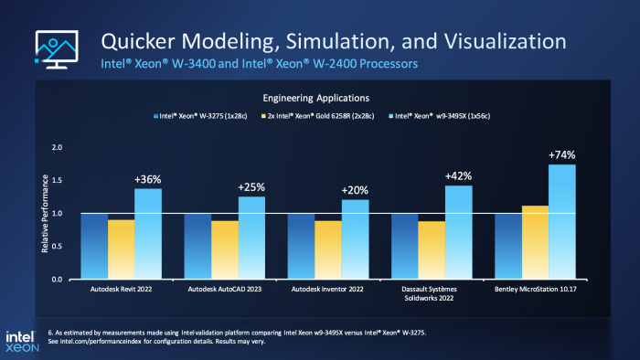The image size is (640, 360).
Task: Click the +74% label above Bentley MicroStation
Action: pyautogui.click(x=561, y=155)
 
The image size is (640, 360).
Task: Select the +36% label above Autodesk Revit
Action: pyautogui.click(x=147, y=179)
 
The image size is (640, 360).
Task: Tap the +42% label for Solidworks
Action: pyautogui.click(x=457, y=176)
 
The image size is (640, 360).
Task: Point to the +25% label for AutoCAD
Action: pyautogui.click(x=251, y=187)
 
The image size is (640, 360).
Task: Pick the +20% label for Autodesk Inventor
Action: pyautogui.click(x=355, y=190)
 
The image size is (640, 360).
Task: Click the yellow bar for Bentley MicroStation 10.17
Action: pyautogui.click(x=535, y=242)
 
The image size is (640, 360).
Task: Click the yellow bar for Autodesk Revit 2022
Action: pyautogui.click(x=121, y=249)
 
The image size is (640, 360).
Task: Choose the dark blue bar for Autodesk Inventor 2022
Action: pyautogui.click(x=302, y=246)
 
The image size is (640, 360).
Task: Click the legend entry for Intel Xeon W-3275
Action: pyautogui.click(x=194, y=117)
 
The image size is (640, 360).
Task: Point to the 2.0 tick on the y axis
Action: pyautogui.click(x=57, y=148)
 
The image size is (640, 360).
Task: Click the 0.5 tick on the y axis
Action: pyautogui.click(x=57, y=247)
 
